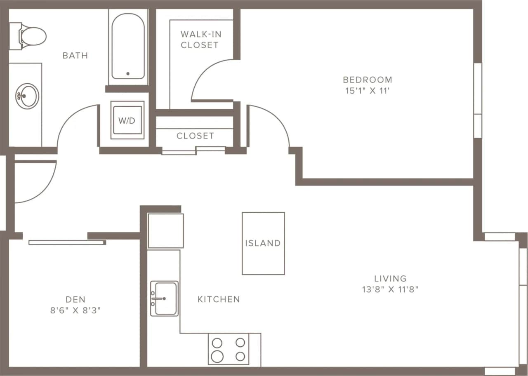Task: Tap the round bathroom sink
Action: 27,96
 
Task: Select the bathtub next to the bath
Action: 128,46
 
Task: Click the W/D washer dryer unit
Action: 127,120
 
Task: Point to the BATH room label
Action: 75,55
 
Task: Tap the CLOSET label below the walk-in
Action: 196,136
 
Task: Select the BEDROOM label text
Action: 368,80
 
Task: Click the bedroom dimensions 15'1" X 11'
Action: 368,91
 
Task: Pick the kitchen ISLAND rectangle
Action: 263,243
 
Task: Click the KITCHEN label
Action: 219,299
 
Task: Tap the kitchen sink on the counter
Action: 164,298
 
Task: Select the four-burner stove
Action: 229,349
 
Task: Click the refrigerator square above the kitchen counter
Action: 165,231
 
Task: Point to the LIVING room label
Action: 390,278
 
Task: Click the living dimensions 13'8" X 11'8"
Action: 390,289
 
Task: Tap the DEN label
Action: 75,299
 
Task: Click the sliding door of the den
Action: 67,242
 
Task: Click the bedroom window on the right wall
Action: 478,100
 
